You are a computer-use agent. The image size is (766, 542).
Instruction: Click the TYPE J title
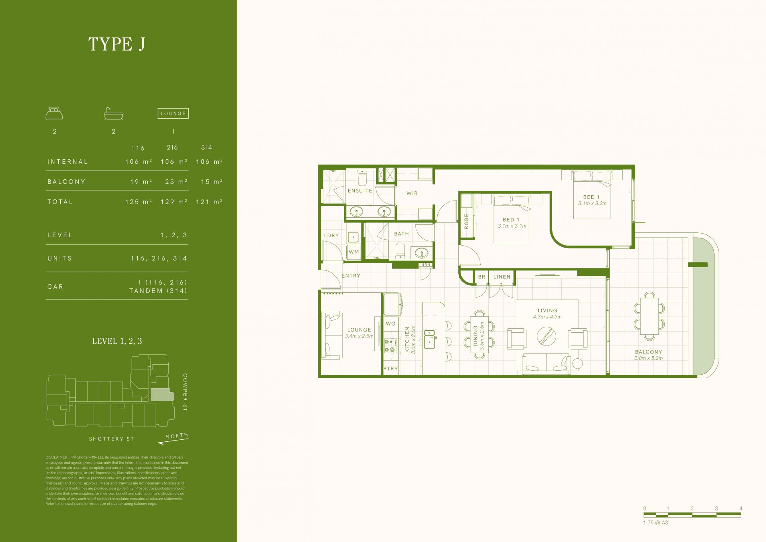coord(116,44)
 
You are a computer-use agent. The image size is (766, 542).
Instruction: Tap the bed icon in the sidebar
coord(54,113)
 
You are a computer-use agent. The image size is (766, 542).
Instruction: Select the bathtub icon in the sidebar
coord(114,113)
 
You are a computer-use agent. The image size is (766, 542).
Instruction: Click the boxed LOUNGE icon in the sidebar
coord(173,113)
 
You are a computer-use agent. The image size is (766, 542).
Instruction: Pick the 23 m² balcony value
coord(176,182)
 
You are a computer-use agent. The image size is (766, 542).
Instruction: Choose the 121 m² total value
coord(209,202)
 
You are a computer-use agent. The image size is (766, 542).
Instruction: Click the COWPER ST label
coord(185,392)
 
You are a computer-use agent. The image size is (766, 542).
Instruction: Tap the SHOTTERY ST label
coord(111,439)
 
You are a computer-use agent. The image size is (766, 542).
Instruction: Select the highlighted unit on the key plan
coord(162,395)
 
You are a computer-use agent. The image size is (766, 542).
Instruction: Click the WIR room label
coord(412,193)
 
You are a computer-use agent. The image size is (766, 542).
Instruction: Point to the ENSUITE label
coord(360,191)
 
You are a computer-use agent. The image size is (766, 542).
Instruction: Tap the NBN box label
coord(426,265)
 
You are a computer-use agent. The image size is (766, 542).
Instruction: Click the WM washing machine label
coord(354,252)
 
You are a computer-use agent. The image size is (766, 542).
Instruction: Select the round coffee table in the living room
coord(547,336)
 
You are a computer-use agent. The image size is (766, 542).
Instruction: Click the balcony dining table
coord(650,316)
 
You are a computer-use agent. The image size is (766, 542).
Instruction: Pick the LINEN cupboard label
coord(502,277)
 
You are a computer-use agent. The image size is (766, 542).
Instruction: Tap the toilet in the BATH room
coord(399,251)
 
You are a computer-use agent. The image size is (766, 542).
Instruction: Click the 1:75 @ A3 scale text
coord(655,522)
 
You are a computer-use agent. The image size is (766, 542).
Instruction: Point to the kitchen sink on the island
coord(430,339)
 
